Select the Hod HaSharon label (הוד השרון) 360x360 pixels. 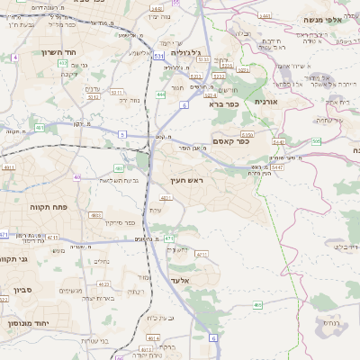(x=38, y=52)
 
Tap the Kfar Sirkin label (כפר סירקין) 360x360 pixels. (x=119, y=222)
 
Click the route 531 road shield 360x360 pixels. (x=158, y=56)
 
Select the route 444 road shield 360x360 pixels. (x=160, y=94)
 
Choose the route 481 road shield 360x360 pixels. (x=40, y=128)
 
